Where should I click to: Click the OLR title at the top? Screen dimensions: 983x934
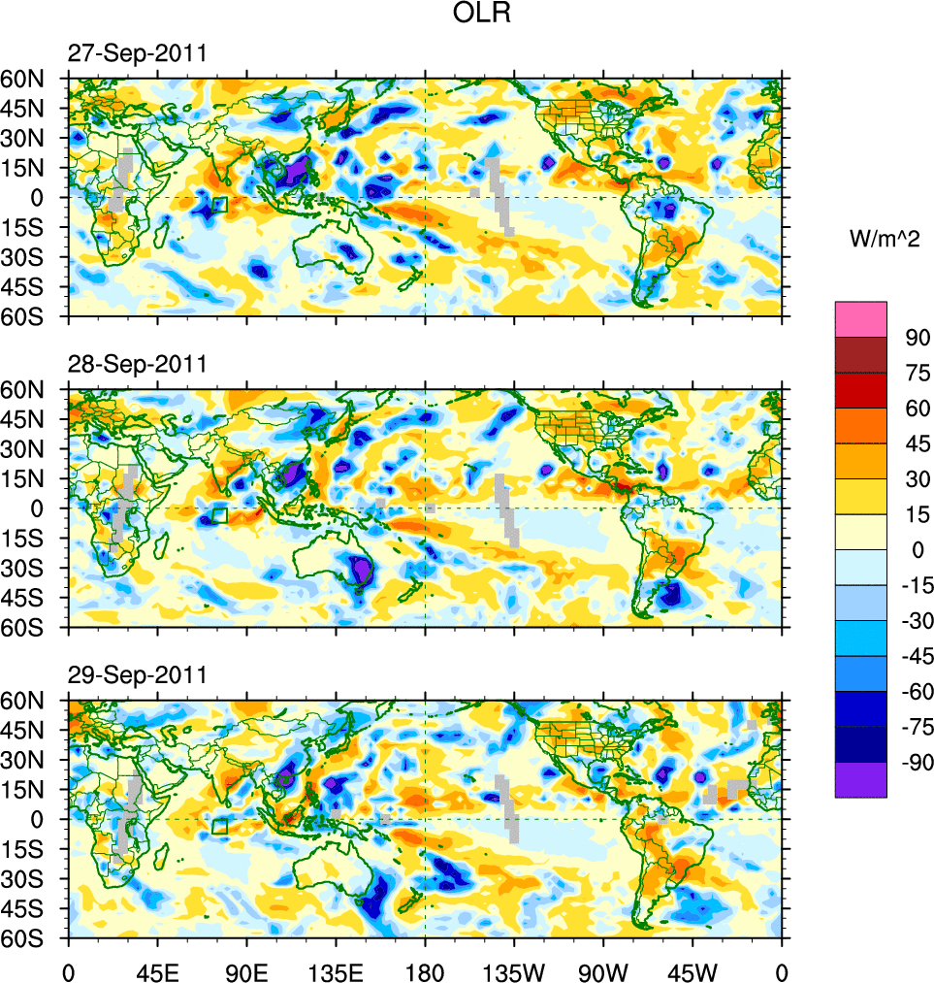click(482, 15)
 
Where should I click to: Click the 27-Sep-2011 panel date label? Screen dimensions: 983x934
click(137, 54)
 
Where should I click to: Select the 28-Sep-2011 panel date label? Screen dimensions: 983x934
click(137, 365)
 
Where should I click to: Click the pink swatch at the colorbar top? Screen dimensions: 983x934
click(860, 318)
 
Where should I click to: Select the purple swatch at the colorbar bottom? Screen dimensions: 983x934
click(860, 779)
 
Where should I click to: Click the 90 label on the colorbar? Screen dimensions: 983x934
click(918, 338)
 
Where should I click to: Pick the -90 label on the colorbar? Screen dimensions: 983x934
click(914, 763)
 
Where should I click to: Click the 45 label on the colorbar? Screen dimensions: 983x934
click(918, 443)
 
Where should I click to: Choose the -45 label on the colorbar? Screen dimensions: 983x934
click(914, 657)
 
